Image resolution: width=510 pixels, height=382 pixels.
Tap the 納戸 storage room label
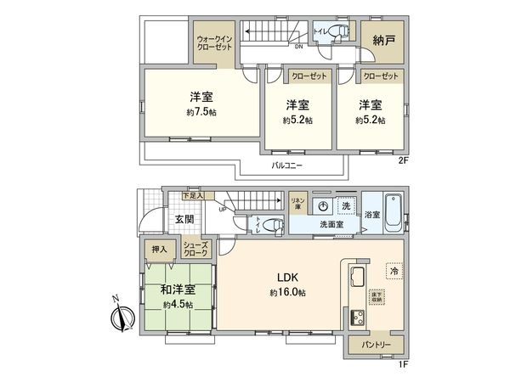382,40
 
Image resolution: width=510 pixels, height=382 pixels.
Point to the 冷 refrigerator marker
393,269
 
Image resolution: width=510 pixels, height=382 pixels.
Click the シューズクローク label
195,247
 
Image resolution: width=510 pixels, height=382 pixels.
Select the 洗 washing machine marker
347,206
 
